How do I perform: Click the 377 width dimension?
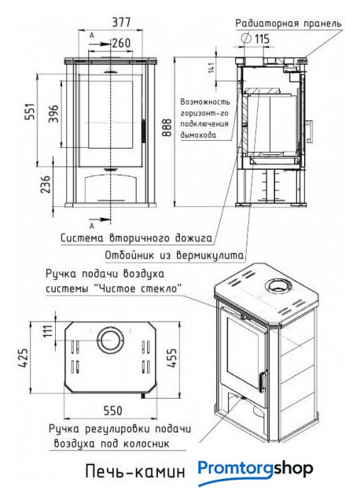121,22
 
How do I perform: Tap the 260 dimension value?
120,42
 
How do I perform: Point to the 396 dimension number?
53,114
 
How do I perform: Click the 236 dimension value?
46,184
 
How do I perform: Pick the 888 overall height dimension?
167,128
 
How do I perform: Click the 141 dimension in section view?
211,68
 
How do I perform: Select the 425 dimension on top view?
24,358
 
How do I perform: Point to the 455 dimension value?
171,359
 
